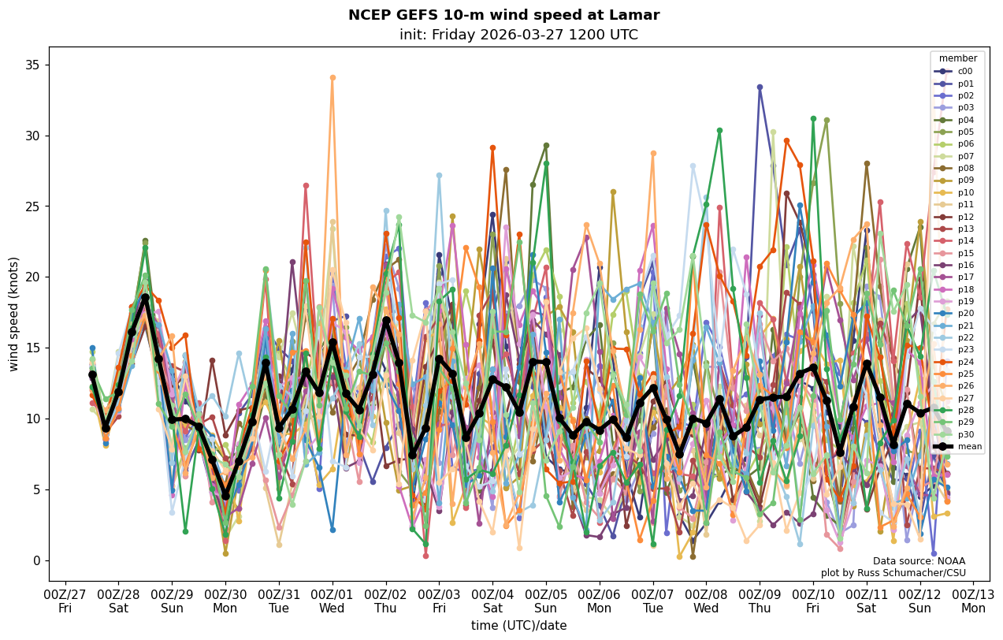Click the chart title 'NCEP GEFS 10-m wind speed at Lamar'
tap(503, 15)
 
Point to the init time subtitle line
tap(518, 35)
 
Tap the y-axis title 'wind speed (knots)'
tap(13, 314)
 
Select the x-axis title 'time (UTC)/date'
tap(518, 625)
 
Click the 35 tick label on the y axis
tap(32, 65)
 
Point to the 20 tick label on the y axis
tap(32, 277)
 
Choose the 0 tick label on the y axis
tap(36, 560)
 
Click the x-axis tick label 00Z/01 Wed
tap(332, 600)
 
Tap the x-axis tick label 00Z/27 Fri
tap(65, 600)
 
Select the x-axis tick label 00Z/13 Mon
tap(973, 600)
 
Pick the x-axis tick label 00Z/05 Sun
tap(546, 600)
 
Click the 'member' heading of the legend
tap(958, 58)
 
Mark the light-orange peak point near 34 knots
tap(332, 77)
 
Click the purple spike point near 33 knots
tap(760, 87)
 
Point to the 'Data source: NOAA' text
tap(919, 561)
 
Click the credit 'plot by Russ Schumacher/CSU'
tap(893, 573)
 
